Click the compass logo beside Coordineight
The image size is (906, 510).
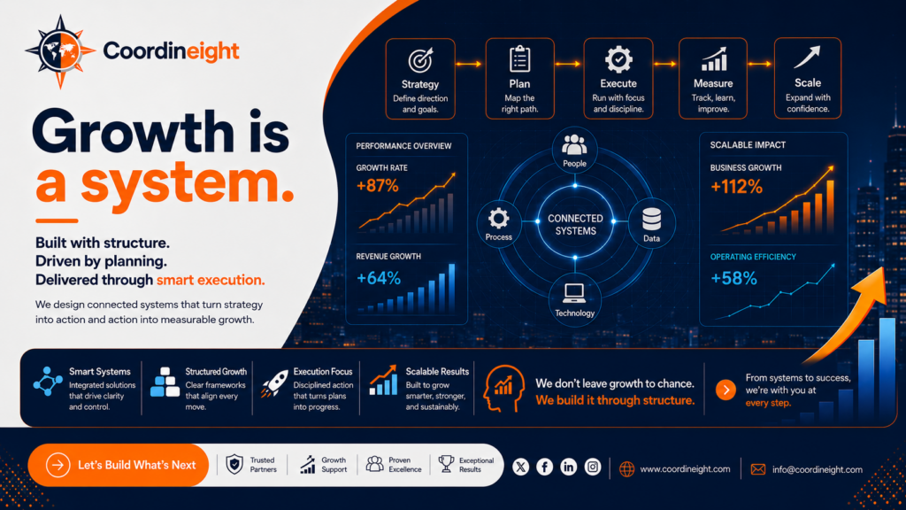[x=60, y=51]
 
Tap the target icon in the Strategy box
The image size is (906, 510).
[x=420, y=60]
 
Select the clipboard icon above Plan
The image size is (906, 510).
[x=519, y=59]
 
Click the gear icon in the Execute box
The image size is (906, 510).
[x=618, y=59]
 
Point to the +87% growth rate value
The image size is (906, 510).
[x=377, y=186]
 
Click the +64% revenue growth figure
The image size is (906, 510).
[x=379, y=278]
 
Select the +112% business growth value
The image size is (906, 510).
[x=736, y=187]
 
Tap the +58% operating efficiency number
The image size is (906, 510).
[x=733, y=279]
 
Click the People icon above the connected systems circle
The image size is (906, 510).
[x=574, y=144]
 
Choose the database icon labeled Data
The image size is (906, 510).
[x=652, y=220]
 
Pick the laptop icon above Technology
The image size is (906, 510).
[x=573, y=294]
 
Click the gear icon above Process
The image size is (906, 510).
[x=498, y=219]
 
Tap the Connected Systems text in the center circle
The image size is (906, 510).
[x=575, y=224]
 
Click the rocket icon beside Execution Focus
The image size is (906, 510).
[x=274, y=384]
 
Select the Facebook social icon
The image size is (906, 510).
[x=544, y=467]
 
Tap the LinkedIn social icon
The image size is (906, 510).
[x=569, y=467]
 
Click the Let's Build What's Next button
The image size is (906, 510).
[x=119, y=465]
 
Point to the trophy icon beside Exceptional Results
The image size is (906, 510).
[x=446, y=464]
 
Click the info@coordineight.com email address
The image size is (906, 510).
[x=817, y=469]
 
